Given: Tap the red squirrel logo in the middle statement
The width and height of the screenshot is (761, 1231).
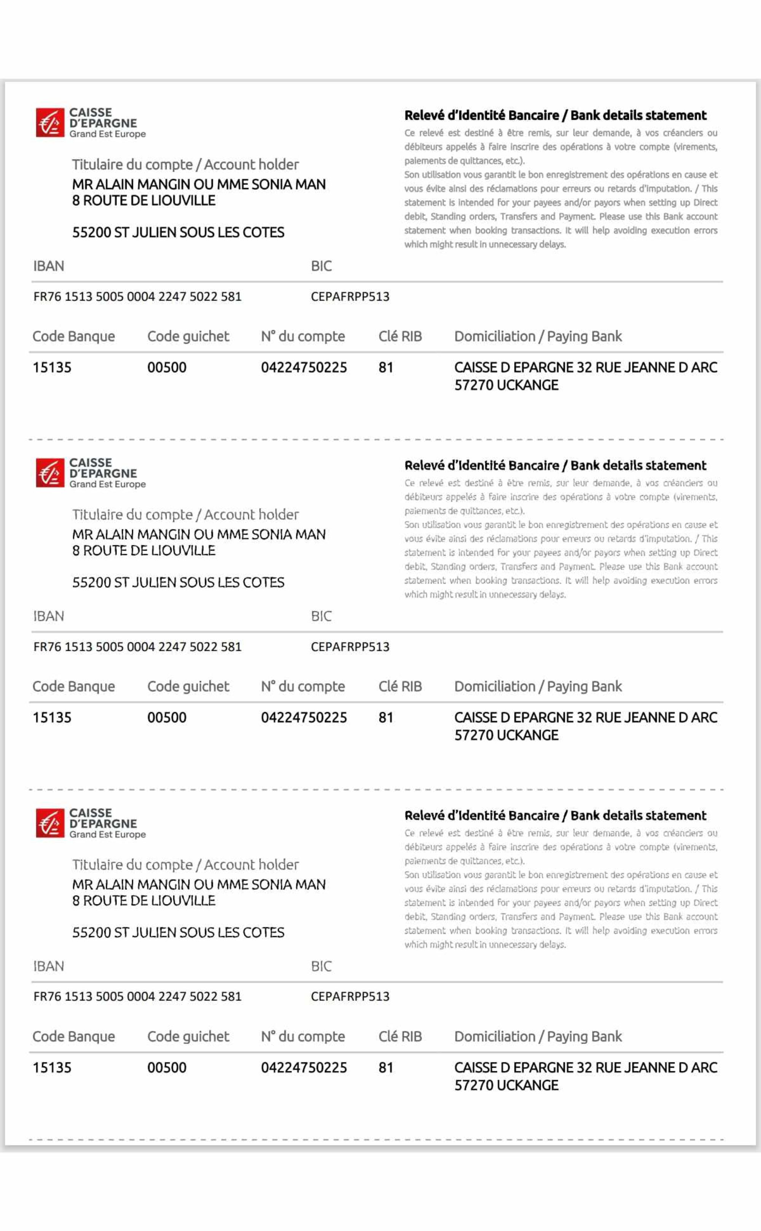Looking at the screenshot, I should point(50,473).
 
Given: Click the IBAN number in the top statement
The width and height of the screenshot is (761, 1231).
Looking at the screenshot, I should point(137,296).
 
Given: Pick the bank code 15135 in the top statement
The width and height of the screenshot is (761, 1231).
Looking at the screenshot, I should point(52,367).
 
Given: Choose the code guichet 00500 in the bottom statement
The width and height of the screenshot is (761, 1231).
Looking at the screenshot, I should point(167,1067).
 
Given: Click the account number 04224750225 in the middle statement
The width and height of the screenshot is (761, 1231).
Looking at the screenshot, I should point(304,717).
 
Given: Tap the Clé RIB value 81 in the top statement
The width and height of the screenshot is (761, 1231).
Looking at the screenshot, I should point(385,367).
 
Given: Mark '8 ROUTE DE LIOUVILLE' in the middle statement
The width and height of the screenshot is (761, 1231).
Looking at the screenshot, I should point(143,550).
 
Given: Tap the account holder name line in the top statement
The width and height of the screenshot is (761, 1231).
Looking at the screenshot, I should point(199,184).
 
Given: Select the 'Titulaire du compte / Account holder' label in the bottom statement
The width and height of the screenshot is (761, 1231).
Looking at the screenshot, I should point(185,864).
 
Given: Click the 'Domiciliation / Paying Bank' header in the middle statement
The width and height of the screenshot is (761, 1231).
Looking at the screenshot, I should point(538,686).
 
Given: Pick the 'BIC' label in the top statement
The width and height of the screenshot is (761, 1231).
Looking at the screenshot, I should point(321,265).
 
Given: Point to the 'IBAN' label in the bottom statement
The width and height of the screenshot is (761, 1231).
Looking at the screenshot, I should point(48,966).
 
